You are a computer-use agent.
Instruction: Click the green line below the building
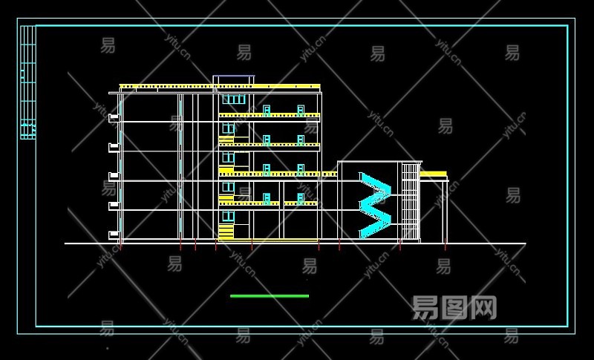(269, 296)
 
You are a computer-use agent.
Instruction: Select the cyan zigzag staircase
(375, 205)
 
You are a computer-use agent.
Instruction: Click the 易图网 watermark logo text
(454, 307)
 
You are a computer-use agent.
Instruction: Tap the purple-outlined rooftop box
(233, 80)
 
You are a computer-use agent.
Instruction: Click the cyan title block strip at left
(27, 82)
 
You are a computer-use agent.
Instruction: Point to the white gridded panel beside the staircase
(410, 202)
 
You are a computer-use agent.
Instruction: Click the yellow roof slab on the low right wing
(434, 175)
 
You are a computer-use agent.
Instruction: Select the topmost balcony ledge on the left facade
(114, 117)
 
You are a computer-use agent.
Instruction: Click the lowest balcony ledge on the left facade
(114, 235)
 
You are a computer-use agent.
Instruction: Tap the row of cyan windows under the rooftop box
(234, 99)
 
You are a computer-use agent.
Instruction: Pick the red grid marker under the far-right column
(446, 246)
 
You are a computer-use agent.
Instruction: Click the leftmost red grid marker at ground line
(120, 246)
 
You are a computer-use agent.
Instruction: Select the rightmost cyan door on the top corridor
(301, 111)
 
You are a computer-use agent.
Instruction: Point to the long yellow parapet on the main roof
(219, 87)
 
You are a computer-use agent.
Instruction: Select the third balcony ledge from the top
(114, 176)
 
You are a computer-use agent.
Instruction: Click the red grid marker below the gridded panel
(400, 246)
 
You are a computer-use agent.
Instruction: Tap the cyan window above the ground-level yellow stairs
(229, 216)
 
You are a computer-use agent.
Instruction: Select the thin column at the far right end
(446, 212)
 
